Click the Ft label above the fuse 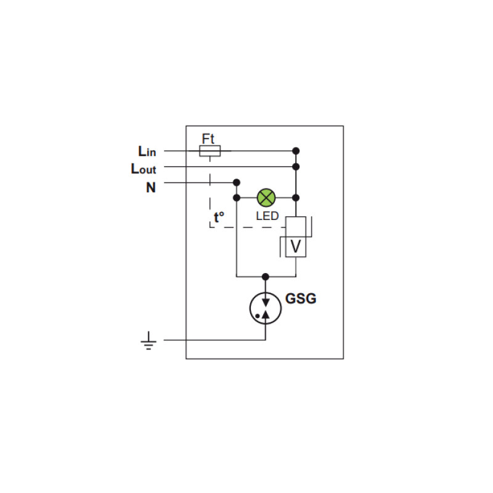(208, 139)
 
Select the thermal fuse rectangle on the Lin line (210, 151)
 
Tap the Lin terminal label (147, 151)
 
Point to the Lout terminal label (144, 169)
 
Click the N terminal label (151, 187)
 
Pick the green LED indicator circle (266, 198)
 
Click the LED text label (267, 216)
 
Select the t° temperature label (219, 217)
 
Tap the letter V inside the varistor (296, 246)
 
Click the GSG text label (301, 298)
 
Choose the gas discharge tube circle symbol (266, 308)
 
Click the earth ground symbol (149, 341)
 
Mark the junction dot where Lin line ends (296, 151)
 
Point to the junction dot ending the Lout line (296, 166)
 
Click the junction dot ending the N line (237, 182)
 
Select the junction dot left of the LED (237, 198)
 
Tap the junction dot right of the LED (296, 198)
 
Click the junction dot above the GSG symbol (266, 277)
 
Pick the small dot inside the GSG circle (258, 316)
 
